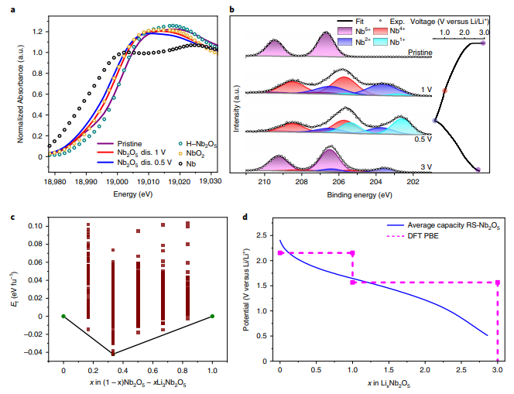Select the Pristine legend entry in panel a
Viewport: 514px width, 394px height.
130,143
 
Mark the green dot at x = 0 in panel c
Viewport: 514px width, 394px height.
63,316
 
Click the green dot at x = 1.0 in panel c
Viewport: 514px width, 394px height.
212,316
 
